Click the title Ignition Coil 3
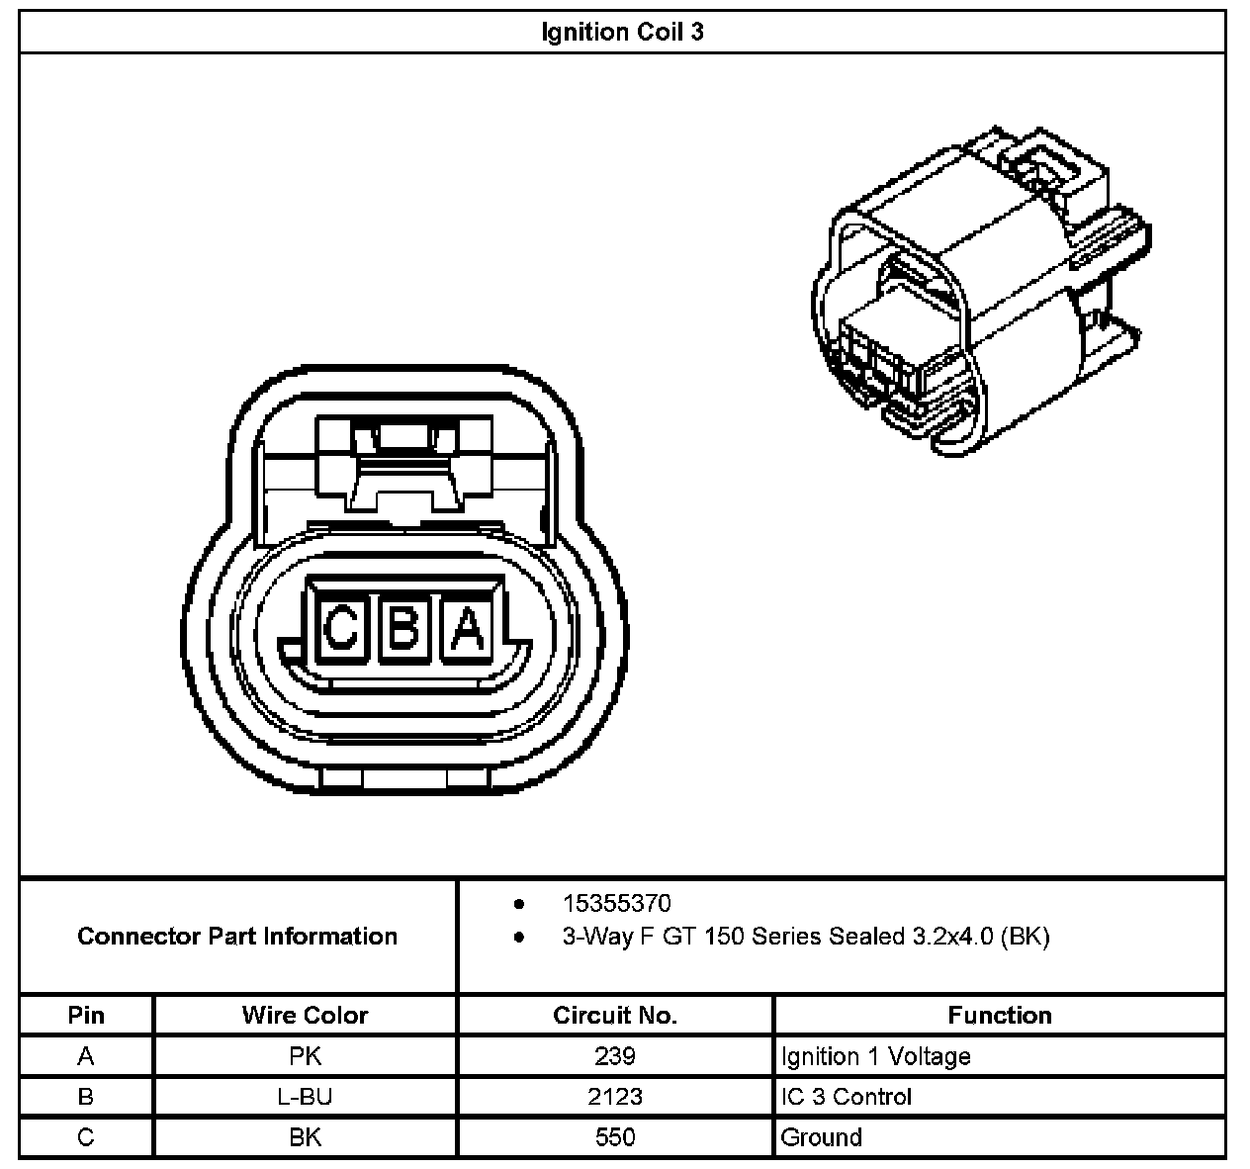pos(622,32)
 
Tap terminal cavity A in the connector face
pos(469,628)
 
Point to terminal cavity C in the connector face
pos(342,628)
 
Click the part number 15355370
pos(616,903)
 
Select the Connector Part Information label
pos(237,936)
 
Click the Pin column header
pos(86,1015)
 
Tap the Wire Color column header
pos(305,1015)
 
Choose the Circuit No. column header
pos(614,1015)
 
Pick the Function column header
pos(999,1015)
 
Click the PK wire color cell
pos(305,1056)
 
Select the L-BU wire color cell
pos(305,1097)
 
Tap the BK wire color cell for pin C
pos(305,1137)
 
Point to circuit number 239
pos(614,1056)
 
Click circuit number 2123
pos(614,1097)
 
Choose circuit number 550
pos(614,1137)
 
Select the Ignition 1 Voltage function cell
pos(875,1056)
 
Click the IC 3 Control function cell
pos(846,1097)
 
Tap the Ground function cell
pos(821,1137)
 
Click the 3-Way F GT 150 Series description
pos(805,936)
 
